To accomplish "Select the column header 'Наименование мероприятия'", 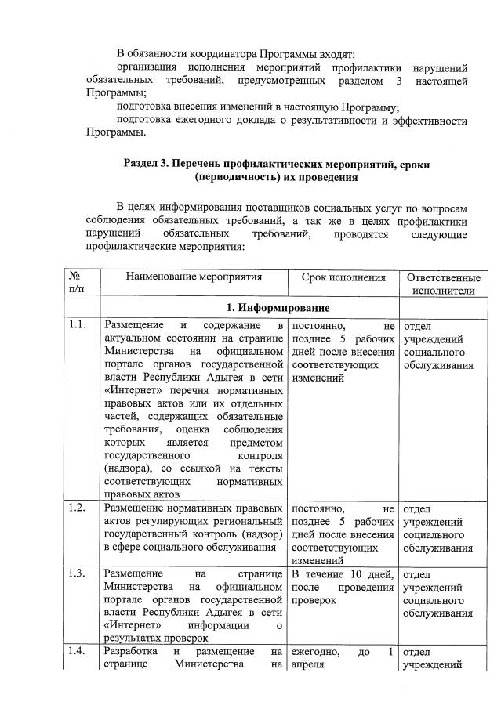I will point(192,277).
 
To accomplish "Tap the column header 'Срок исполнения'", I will point(343,277).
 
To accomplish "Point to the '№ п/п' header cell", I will point(78,284).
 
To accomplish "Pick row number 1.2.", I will point(77,508).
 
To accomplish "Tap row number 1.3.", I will point(77,575).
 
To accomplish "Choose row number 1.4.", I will point(77,652).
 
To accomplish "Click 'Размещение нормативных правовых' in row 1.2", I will point(193,508).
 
